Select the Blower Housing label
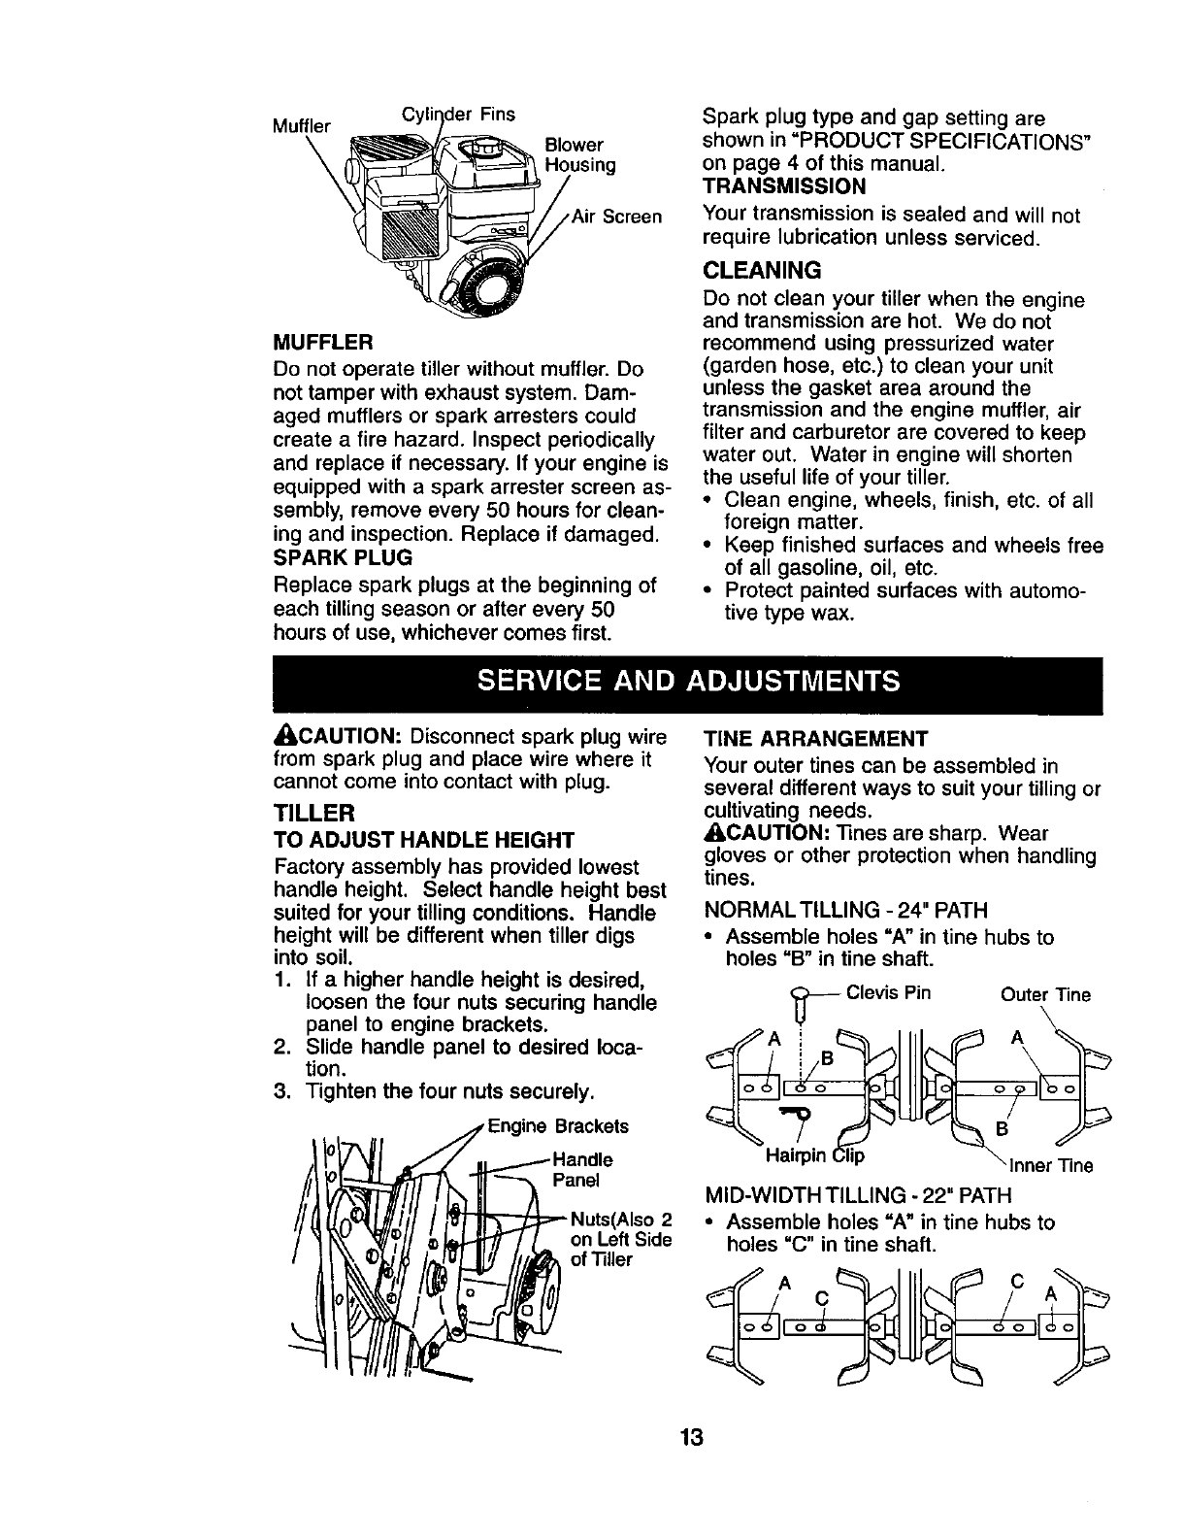click(x=580, y=155)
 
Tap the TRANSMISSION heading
click(x=783, y=185)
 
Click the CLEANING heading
click(x=762, y=269)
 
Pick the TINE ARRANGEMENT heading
click(x=815, y=737)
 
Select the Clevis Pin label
click(x=888, y=993)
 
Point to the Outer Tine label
click(x=1045, y=995)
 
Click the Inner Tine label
click(x=1051, y=1166)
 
